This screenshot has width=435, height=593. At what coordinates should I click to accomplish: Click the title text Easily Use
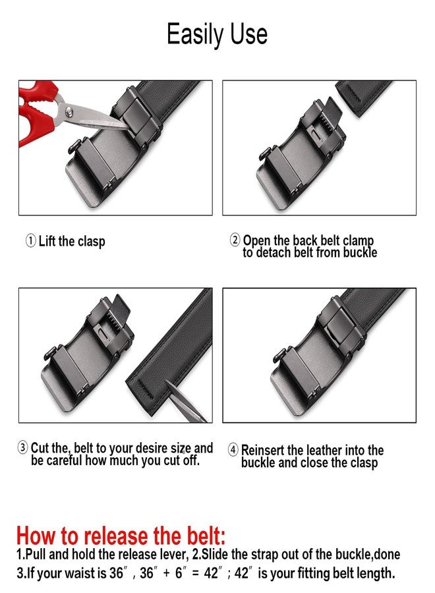click(x=217, y=34)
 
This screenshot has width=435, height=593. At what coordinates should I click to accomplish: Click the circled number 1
click(x=30, y=241)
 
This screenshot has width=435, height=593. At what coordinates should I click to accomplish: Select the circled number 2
click(x=235, y=240)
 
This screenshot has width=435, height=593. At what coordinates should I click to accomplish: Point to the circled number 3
click(x=23, y=449)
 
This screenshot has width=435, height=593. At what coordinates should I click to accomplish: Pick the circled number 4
click(x=233, y=450)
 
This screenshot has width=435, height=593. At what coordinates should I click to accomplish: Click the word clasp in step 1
click(x=91, y=242)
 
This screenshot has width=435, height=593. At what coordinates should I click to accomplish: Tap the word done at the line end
click(x=387, y=555)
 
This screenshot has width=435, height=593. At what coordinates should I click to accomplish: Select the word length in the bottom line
click(x=375, y=573)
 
